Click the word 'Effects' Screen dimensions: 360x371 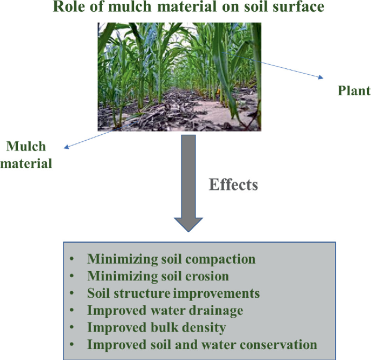coord(233,185)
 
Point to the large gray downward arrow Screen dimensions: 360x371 coord(188,184)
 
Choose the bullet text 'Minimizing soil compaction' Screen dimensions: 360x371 coord(171,259)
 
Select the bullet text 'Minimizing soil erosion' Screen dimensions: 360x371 coord(158,276)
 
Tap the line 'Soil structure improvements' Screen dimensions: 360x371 coord(173,293)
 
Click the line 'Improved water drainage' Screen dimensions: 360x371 coord(165,310)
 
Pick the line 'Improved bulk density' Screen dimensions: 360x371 coord(157,328)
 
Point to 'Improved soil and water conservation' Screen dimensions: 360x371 coord(202,344)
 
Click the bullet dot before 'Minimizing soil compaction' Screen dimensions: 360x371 coord(73,259)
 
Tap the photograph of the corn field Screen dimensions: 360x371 coord(179,76)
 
